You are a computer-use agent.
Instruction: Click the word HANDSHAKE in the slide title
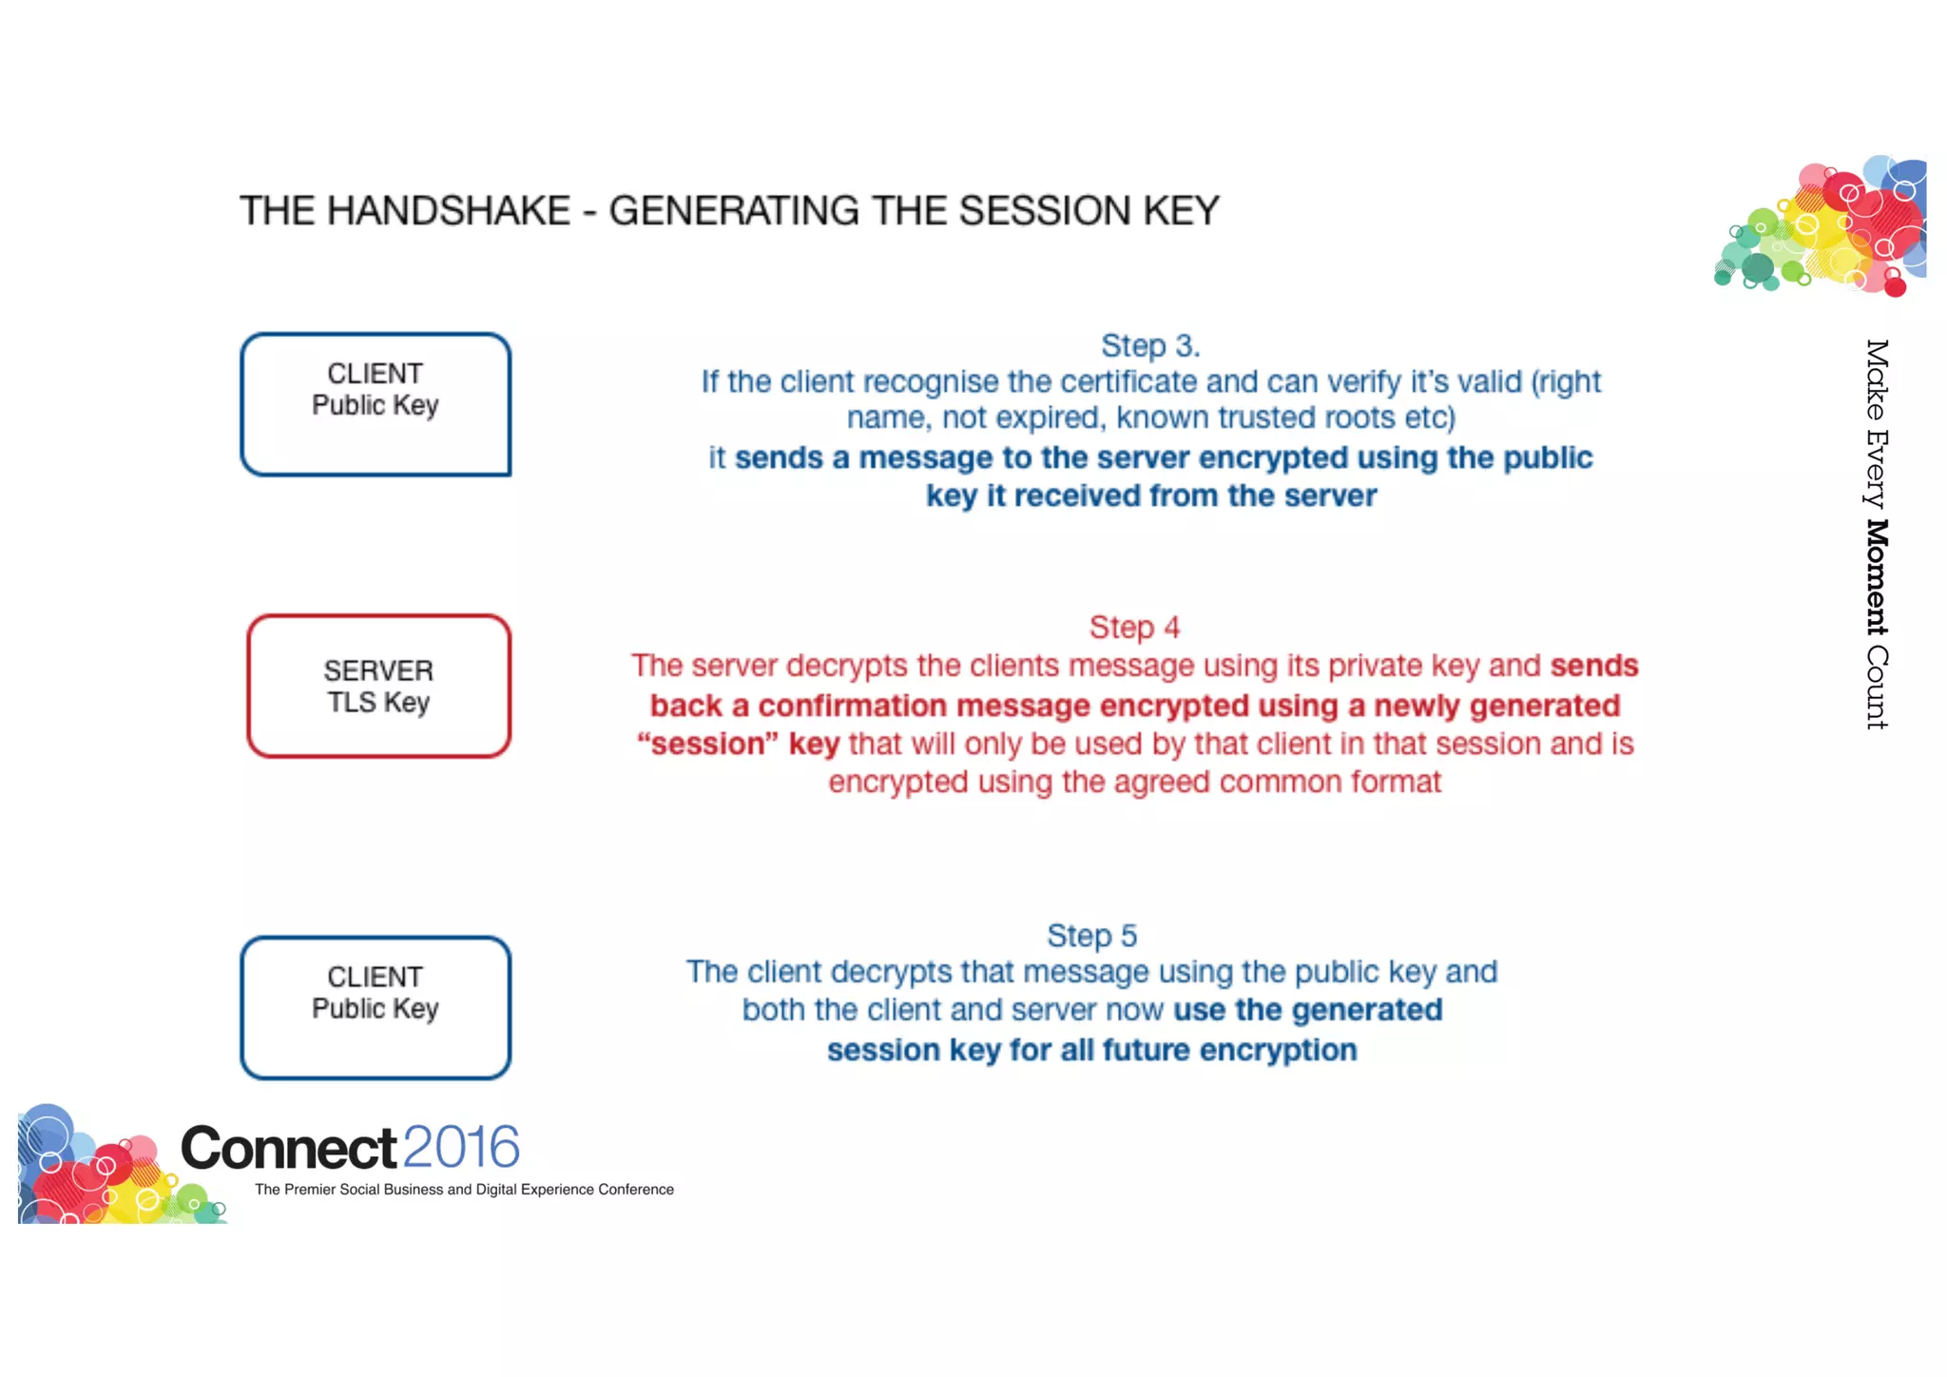(448, 211)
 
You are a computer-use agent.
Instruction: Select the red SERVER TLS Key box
(378, 686)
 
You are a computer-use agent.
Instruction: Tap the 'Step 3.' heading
(1150, 345)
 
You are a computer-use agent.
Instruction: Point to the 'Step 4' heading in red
(1134, 628)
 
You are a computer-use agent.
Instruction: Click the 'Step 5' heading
(1091, 936)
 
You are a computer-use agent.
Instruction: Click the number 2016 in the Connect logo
(461, 1147)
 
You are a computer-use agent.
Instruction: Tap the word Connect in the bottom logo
(288, 1148)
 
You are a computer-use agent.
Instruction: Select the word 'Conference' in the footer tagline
(636, 1190)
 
